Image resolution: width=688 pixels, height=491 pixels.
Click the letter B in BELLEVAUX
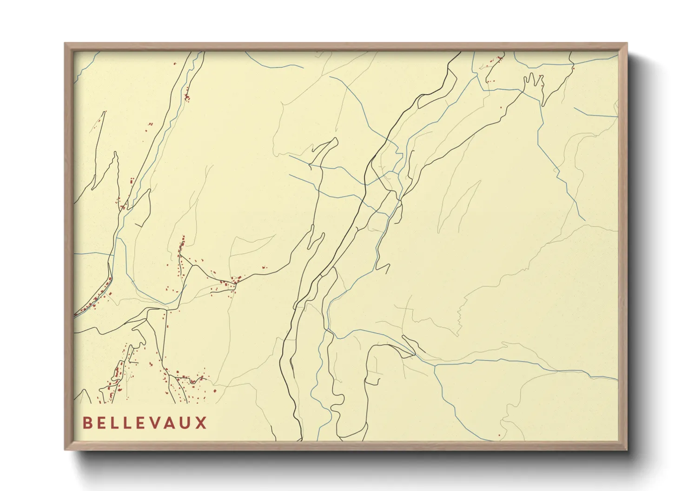[x=86, y=423]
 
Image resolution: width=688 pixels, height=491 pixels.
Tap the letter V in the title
[x=159, y=423]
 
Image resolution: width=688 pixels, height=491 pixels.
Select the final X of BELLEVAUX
[x=201, y=423]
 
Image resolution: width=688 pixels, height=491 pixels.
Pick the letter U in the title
[x=187, y=423]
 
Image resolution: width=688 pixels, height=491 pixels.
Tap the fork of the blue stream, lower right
[x=434, y=365]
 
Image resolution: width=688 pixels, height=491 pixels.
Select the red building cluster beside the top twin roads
[x=187, y=97]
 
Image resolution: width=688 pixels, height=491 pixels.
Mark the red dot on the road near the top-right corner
[x=573, y=69]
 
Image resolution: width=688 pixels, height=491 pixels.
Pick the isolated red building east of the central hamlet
[x=265, y=267]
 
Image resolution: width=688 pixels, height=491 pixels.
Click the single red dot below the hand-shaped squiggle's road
[x=501, y=108]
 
